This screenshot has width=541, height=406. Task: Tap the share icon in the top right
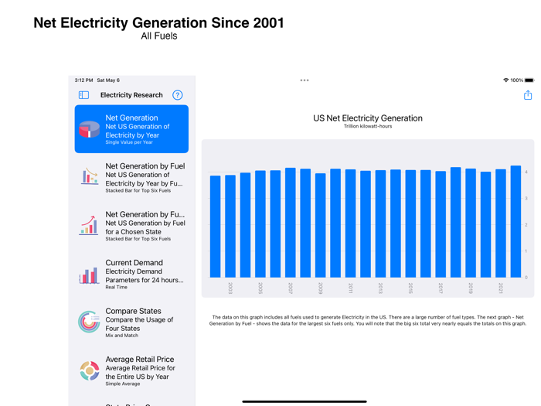coord(528,95)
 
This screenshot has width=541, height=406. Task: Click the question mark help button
coord(178,95)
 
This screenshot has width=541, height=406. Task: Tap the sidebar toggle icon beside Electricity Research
coord(84,95)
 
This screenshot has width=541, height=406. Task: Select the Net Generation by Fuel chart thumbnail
coord(89,177)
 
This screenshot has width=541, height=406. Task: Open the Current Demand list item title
coord(134,263)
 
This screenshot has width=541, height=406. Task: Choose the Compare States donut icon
coord(89,322)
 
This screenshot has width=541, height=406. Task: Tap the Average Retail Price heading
coord(140,360)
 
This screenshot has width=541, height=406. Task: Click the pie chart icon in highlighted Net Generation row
coord(89,129)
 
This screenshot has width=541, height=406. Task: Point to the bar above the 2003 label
coord(230,226)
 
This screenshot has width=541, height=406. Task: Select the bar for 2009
coord(321,225)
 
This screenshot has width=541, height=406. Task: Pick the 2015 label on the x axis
coord(410,288)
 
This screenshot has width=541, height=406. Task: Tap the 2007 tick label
coord(291,288)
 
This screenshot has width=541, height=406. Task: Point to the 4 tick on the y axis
coord(526,172)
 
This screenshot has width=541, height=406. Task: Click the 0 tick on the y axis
coord(526,277)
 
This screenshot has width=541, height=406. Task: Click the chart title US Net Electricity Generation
coord(368,118)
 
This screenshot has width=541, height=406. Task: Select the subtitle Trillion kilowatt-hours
coord(368,126)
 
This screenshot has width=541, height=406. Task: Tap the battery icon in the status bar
coord(529,80)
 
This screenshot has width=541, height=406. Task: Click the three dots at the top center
coord(305,80)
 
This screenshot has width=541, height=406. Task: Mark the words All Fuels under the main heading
coord(159,36)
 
